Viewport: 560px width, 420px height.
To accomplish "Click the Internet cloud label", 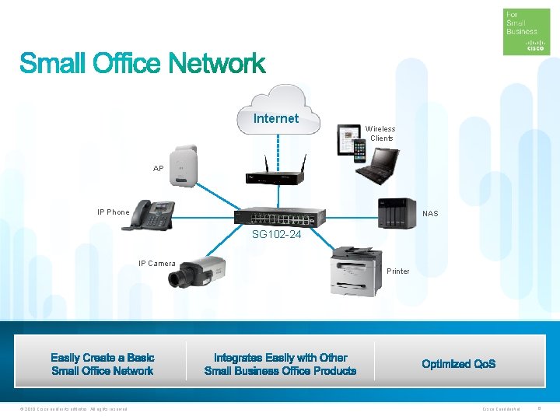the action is (x=276, y=119).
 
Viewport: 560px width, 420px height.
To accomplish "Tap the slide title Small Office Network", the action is (x=142, y=64).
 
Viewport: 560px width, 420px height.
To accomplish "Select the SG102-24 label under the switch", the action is (x=275, y=233).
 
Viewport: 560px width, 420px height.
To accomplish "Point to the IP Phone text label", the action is (x=114, y=212).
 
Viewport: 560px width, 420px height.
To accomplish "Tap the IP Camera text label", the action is (x=157, y=264).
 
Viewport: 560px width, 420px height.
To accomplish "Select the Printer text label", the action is (x=398, y=271).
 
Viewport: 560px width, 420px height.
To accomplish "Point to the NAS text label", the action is (x=430, y=213).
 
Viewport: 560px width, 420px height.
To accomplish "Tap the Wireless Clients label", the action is (x=381, y=134).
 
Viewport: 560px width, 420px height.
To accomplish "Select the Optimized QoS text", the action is (x=459, y=364).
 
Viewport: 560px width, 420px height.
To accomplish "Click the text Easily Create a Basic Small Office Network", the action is (x=103, y=364).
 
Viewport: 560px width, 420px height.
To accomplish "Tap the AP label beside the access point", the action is (x=159, y=169).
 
